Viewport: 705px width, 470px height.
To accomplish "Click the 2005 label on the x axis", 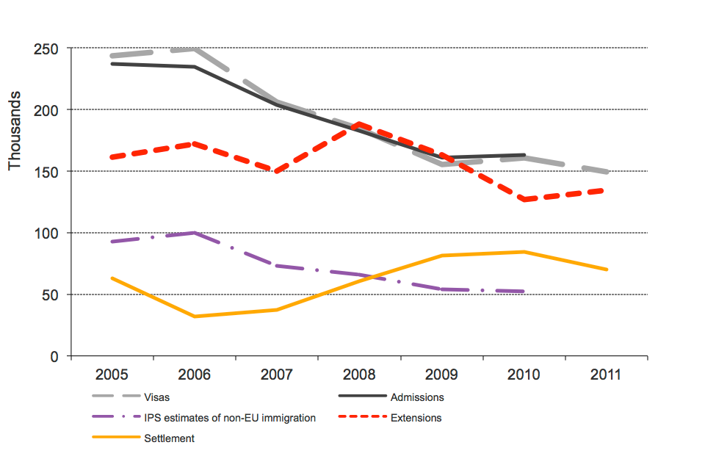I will click(x=112, y=375).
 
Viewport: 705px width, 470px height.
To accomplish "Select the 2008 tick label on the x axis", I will click(x=359, y=375).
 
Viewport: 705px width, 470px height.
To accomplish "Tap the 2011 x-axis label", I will click(x=606, y=375).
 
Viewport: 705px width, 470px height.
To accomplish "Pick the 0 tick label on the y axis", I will click(x=54, y=357).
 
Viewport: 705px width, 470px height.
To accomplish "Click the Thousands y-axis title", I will click(x=15, y=131).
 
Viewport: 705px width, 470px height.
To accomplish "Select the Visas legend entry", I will click(x=157, y=397).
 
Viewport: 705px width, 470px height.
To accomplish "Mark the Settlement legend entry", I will click(x=170, y=438).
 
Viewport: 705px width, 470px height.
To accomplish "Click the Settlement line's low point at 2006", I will click(x=195, y=317).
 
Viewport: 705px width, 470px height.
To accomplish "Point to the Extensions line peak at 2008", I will click(x=359, y=124).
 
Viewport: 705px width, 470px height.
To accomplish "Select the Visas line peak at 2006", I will click(x=195, y=48).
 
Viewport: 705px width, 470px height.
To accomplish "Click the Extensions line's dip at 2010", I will click(x=524, y=199).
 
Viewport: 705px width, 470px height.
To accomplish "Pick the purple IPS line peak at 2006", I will click(x=195, y=233).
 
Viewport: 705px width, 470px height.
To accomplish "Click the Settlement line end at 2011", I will click(x=607, y=270).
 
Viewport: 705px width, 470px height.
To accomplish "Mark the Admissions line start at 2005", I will click(x=112, y=64).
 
